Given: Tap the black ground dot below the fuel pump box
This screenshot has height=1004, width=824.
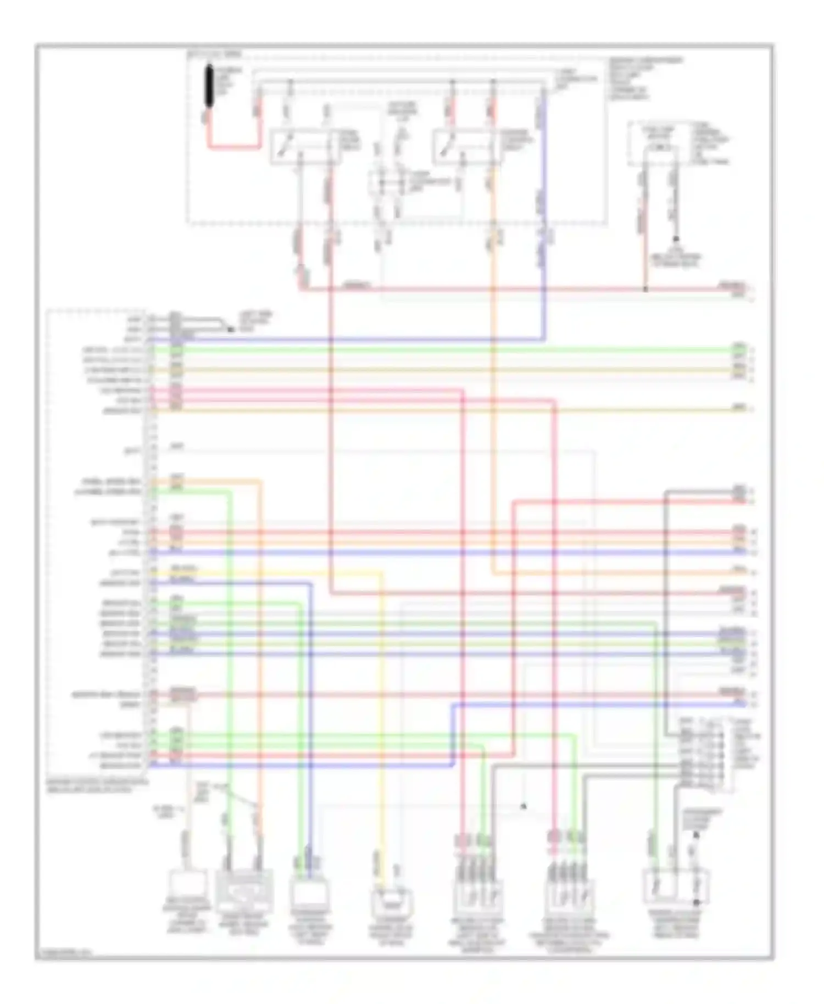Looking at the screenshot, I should coord(676,239).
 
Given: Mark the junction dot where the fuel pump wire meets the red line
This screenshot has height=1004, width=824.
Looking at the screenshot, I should coord(645,289).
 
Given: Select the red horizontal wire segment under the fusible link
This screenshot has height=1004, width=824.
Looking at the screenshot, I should coord(233,147).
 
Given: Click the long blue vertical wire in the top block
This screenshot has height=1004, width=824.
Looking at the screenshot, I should coord(544,220).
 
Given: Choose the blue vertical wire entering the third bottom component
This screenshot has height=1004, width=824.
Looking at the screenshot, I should coord(311,714).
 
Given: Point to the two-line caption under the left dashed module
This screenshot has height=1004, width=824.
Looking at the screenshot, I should coord(97,785).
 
